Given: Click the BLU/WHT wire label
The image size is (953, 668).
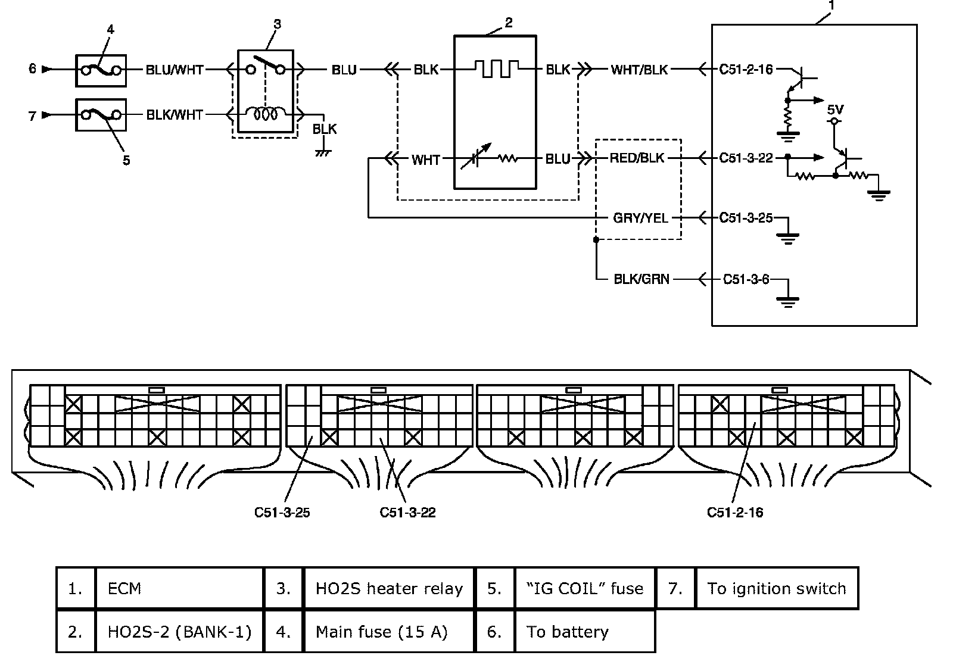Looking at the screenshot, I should click(x=175, y=70).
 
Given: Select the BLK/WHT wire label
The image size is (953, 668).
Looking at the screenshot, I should click(x=175, y=114).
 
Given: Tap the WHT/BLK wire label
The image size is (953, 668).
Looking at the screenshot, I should click(x=639, y=70).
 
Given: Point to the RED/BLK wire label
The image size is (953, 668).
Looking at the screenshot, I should click(x=637, y=158).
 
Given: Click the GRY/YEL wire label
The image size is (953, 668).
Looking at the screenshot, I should click(x=641, y=218).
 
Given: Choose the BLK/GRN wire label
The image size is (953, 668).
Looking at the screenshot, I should click(x=641, y=279).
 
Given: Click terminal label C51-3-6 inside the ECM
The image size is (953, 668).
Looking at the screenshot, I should click(x=746, y=279).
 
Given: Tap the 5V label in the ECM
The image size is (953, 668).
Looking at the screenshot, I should click(x=835, y=110).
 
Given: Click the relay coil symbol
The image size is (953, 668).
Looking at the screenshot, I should click(x=265, y=114).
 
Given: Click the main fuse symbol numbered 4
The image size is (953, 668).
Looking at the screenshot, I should click(x=101, y=70).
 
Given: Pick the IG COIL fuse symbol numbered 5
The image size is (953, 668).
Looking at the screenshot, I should click(x=101, y=114).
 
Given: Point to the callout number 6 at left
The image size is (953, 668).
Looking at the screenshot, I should click(x=33, y=69).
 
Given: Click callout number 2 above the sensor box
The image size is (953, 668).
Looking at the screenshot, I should click(x=508, y=23).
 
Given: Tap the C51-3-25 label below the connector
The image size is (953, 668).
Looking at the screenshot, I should click(x=282, y=513).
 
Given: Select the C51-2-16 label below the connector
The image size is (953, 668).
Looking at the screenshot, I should click(x=734, y=513).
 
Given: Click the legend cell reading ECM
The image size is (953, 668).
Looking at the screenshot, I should click(x=179, y=588).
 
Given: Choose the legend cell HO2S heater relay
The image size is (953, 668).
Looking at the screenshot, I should click(x=389, y=588).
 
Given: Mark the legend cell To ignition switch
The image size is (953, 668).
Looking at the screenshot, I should click(x=776, y=588).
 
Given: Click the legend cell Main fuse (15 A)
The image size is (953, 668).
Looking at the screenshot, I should click(x=389, y=631).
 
